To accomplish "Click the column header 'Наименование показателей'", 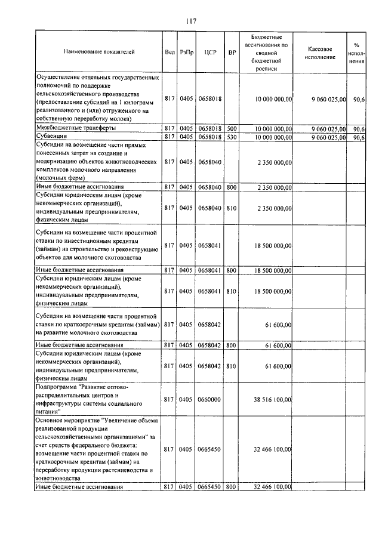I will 99,52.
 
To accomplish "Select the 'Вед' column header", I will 169,52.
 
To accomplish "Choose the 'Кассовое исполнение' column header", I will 325,52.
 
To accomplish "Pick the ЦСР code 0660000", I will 209,400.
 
